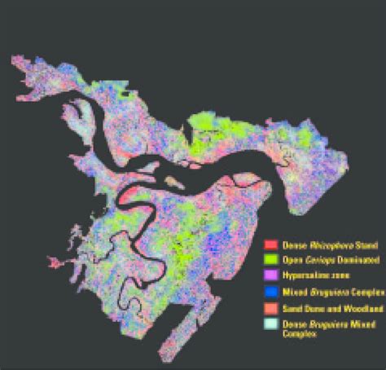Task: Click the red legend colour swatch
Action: (x=270, y=244)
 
